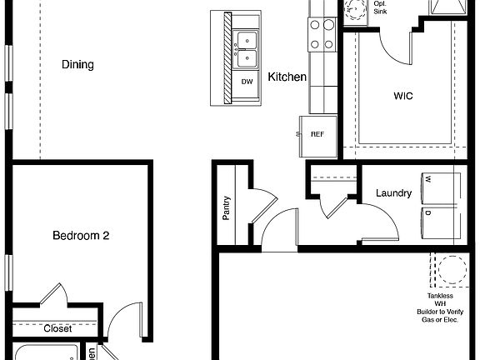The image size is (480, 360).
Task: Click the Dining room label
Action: (x=77, y=65)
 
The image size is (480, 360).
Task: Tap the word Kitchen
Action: (x=287, y=77)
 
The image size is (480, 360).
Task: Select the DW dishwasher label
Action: (x=247, y=82)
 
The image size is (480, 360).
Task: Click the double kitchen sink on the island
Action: (x=247, y=49)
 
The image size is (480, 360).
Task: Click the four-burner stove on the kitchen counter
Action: (x=321, y=34)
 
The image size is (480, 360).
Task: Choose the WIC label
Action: (x=403, y=96)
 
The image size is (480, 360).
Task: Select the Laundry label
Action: (x=393, y=193)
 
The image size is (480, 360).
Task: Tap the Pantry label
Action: (x=226, y=207)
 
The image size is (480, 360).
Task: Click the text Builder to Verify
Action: (x=440, y=311)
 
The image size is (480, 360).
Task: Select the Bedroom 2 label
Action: (x=81, y=236)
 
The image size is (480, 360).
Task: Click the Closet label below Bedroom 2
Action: (x=57, y=328)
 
